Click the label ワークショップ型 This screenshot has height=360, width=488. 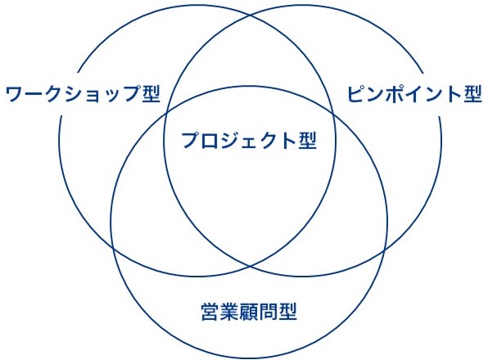pyautogui.click(x=83, y=93)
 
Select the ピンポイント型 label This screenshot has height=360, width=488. pyautogui.click(x=414, y=93)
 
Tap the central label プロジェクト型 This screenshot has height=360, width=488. pyautogui.click(x=249, y=140)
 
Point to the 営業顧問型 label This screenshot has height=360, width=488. pyautogui.click(x=249, y=312)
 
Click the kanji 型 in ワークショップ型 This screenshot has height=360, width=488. pyautogui.click(x=151, y=93)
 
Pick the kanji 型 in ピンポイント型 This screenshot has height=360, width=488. pyautogui.click(x=473, y=93)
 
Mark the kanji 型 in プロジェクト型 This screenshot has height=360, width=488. pyautogui.click(x=308, y=140)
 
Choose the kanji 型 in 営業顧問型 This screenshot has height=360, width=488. pyautogui.click(x=288, y=312)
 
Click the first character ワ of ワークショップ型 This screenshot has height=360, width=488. pyautogui.click(x=14, y=94)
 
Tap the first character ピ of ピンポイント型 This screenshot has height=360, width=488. pyautogui.click(x=355, y=93)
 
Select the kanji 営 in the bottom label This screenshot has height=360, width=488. pyautogui.click(x=210, y=312)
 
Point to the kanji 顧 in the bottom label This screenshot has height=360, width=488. pyautogui.click(x=249, y=312)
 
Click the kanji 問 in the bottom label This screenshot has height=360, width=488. pyautogui.click(x=269, y=312)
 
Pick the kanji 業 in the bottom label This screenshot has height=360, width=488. pyautogui.click(x=230, y=312)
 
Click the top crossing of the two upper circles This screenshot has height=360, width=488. pyautogui.click(x=251, y=15)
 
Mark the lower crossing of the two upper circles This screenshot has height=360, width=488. pyautogui.click(x=251, y=267)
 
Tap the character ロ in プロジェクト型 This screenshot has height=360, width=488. pyautogui.click(x=210, y=141)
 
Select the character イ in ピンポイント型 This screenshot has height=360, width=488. pyautogui.click(x=414, y=93)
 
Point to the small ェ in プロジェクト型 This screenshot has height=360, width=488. pyautogui.click(x=249, y=142)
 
